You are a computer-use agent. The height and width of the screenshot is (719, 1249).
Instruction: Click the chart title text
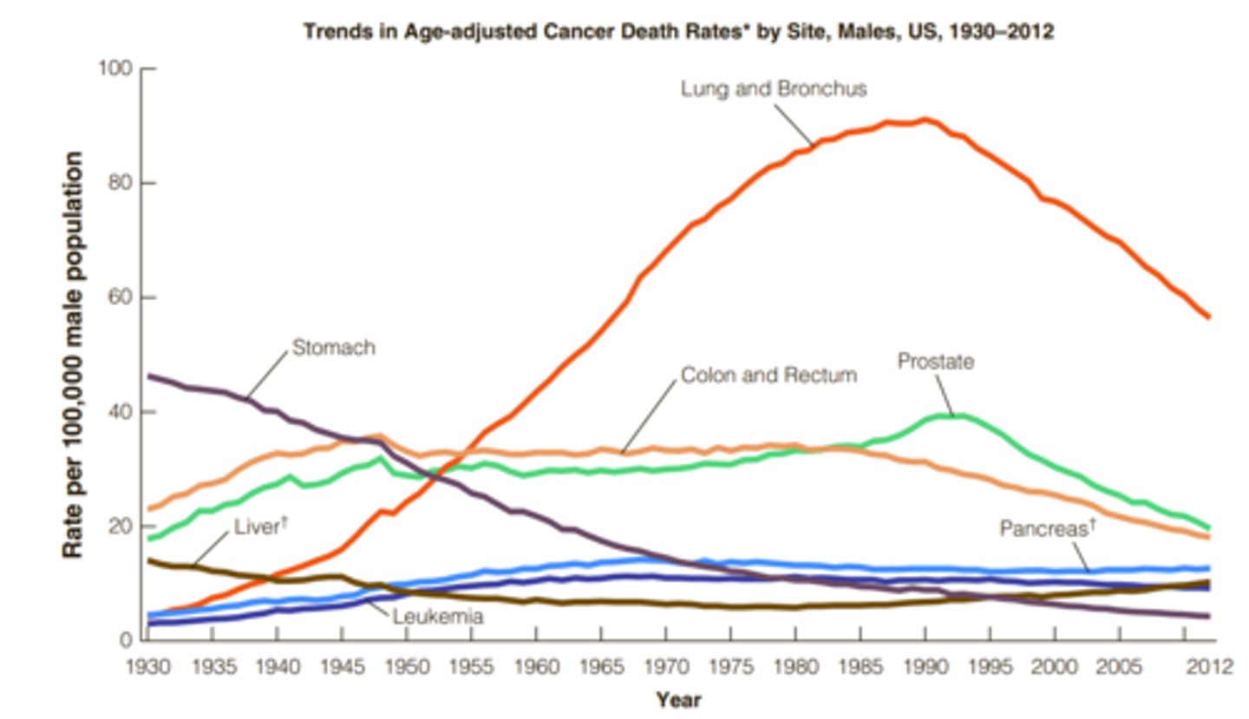[677, 32]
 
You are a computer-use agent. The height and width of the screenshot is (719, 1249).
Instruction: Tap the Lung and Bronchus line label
[774, 88]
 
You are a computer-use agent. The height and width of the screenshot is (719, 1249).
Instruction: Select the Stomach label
[333, 348]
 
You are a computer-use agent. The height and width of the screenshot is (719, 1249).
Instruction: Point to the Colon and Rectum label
[768, 376]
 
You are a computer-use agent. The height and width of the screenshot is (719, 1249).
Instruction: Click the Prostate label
[935, 361]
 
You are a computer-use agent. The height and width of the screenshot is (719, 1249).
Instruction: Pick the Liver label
[258, 526]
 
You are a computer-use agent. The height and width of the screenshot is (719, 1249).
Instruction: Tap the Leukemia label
[437, 617]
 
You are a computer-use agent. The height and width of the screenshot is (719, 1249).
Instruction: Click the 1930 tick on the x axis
[147, 667]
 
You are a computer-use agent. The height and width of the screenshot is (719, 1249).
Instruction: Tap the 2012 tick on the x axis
[1209, 667]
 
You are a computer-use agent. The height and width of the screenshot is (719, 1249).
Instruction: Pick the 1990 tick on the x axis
[925, 667]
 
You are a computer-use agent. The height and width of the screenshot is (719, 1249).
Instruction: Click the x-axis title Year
[678, 699]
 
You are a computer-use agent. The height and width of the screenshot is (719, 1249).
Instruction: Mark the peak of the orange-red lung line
[925, 120]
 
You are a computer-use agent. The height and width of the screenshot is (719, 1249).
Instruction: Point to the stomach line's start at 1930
[149, 376]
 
